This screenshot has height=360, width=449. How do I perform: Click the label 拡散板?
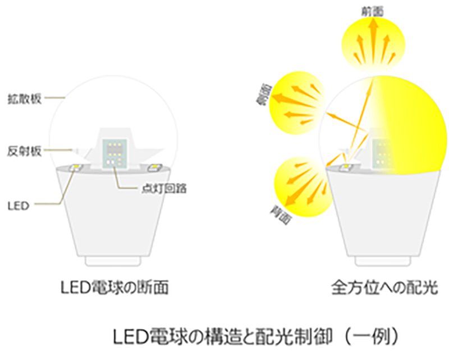22,97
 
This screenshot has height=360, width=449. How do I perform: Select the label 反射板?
22,151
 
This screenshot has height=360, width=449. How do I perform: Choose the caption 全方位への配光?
383,289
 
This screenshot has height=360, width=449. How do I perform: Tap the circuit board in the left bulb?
114,153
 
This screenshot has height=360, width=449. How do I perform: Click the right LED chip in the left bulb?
153,167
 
